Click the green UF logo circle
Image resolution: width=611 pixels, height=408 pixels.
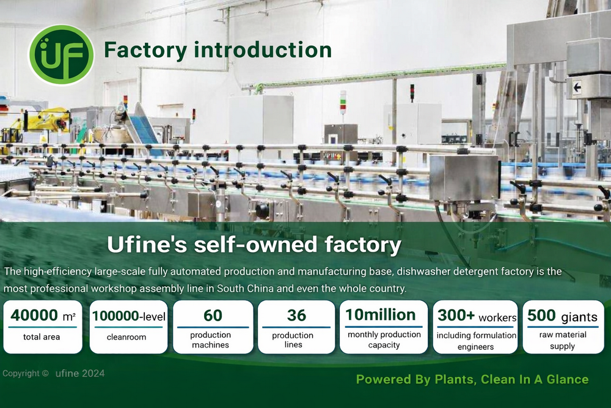click(x=61, y=54)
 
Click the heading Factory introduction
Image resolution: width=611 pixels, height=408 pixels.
click(x=218, y=50)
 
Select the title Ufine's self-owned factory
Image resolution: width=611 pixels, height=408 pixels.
click(x=254, y=245)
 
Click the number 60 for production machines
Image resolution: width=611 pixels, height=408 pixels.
click(x=213, y=316)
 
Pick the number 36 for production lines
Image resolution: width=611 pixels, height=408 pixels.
click(x=296, y=316)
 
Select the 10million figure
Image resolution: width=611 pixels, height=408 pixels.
click(x=380, y=315)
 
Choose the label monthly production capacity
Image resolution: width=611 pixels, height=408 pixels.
click(x=384, y=339)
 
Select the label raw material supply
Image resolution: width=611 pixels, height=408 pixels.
click(x=563, y=340)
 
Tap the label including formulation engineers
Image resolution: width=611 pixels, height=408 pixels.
click(x=477, y=341)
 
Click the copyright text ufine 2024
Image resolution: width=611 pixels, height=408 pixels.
click(x=79, y=373)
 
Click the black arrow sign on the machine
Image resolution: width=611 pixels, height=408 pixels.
click(x=576, y=87)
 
